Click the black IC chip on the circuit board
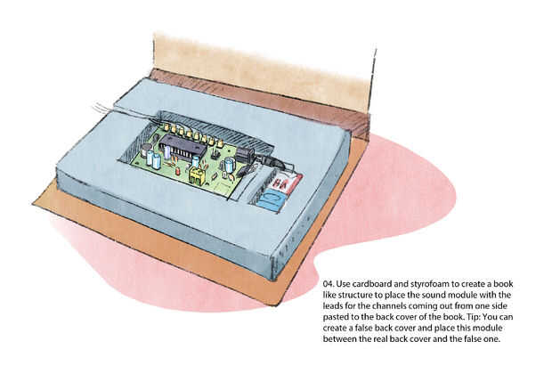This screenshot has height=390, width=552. click(183, 148)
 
